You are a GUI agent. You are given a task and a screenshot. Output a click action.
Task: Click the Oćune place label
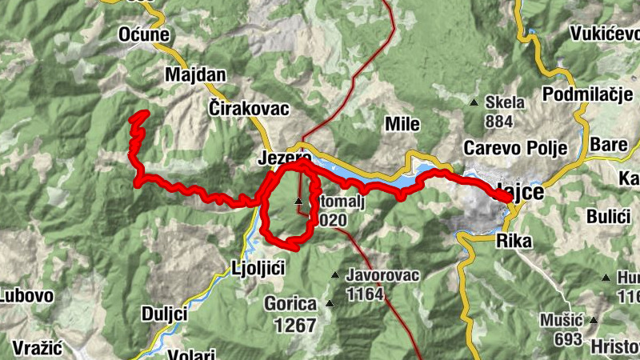click(x=144, y=34)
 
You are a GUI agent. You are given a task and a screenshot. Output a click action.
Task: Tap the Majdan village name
click(x=195, y=74)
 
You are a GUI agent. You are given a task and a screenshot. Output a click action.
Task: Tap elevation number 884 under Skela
click(x=498, y=121)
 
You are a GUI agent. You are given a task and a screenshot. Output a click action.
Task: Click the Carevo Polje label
click(x=515, y=148)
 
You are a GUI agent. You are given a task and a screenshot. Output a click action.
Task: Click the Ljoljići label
click(x=258, y=267)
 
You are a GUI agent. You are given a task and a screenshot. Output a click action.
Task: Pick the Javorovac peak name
click(x=383, y=274)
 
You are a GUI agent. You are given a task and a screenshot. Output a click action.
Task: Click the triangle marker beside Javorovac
click(x=336, y=276)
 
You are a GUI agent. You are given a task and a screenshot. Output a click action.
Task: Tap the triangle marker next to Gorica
click(x=330, y=304)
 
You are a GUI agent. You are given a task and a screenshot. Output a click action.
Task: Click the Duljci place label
click(x=164, y=313)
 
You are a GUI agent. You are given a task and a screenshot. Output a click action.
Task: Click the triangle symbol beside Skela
click(x=474, y=102)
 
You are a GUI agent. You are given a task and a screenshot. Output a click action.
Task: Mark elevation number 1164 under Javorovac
click(x=366, y=293)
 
